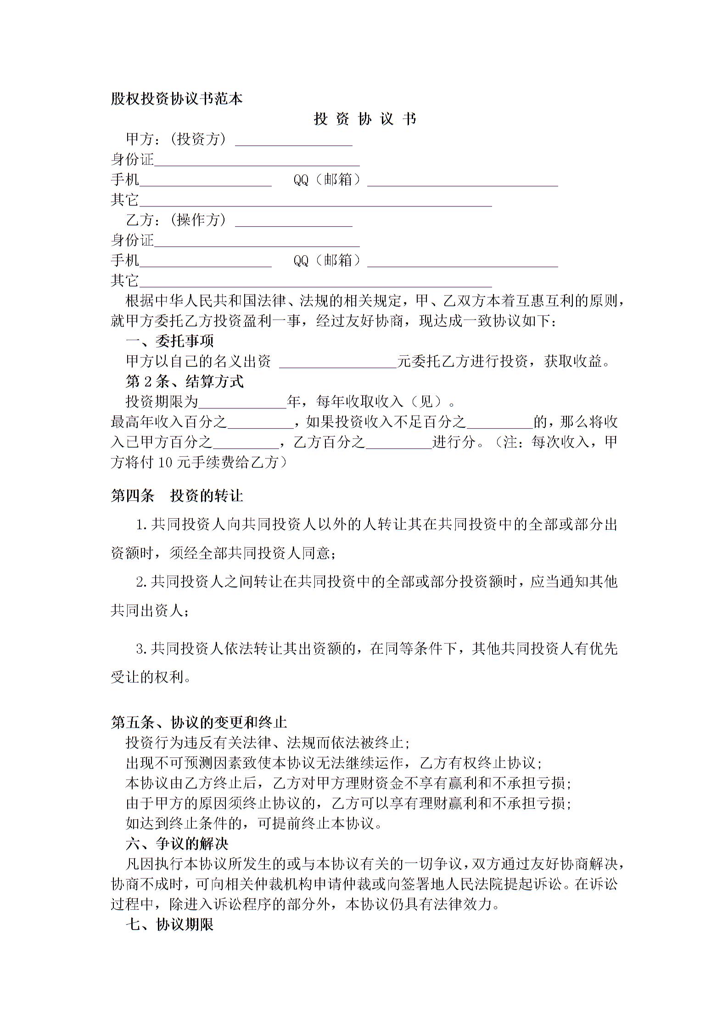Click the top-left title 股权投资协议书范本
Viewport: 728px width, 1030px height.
coord(176,99)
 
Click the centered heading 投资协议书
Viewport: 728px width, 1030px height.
coord(365,119)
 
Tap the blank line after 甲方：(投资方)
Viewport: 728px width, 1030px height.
coord(294,140)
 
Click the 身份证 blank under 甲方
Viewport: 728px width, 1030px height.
coord(257,161)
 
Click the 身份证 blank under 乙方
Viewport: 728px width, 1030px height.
coord(257,241)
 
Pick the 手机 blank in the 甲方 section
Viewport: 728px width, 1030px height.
coord(205,181)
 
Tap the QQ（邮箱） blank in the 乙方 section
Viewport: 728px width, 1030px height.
coord(462,262)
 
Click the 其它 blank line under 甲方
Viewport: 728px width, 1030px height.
coord(315,201)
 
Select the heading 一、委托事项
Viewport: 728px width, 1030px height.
coord(169,341)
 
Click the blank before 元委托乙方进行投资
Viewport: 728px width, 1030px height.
coord(338,363)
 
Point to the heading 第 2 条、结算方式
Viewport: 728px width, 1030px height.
coord(185,381)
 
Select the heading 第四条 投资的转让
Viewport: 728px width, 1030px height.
coord(177,496)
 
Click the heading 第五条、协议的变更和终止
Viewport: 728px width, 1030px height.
coord(199,722)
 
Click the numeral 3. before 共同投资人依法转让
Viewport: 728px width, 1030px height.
coord(141,649)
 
